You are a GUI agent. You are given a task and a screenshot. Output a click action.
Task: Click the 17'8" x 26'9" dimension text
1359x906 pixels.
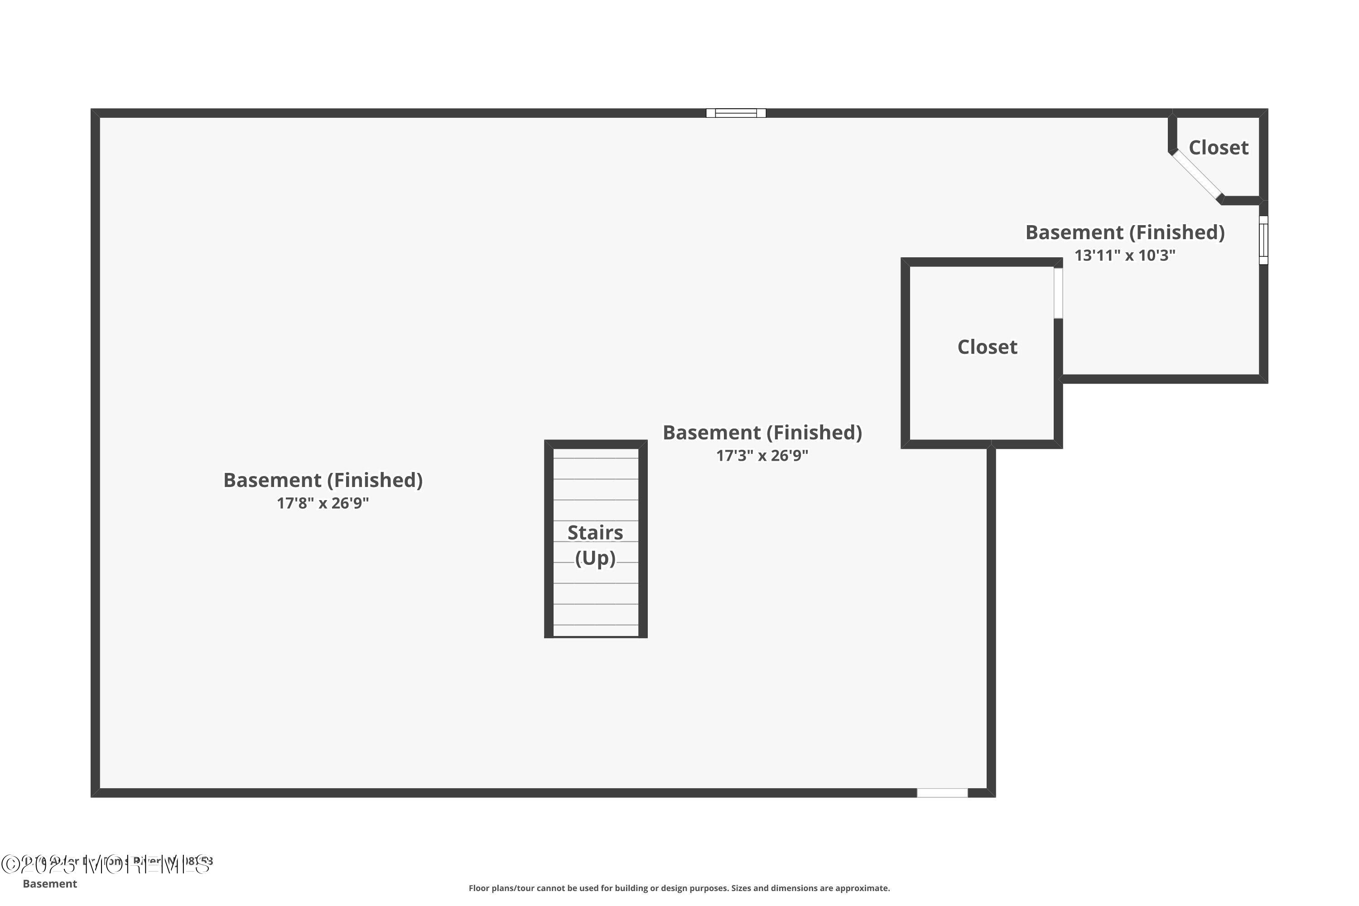(323, 503)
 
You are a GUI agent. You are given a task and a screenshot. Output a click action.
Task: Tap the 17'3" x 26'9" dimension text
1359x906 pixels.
(761, 456)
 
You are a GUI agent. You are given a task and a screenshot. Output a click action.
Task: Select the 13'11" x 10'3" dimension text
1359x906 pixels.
(1124, 255)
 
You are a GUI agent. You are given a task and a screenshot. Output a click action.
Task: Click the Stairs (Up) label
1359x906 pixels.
(595, 545)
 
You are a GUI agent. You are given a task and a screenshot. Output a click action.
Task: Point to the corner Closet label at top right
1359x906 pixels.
(1218, 148)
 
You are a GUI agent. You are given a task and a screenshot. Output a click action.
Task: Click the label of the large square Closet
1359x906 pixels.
(987, 347)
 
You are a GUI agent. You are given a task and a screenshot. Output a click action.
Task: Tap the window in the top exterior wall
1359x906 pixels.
(736, 113)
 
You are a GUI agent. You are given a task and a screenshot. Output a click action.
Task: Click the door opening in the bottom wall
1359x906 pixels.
(942, 793)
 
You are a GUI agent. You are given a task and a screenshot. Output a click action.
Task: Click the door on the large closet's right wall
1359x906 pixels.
(1058, 293)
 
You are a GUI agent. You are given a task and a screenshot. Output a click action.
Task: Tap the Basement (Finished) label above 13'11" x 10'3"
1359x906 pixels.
(1124, 232)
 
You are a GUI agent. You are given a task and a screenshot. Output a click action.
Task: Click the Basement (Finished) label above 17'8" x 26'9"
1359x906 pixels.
(323, 480)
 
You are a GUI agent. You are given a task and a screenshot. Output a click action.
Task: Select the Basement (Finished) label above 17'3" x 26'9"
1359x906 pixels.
(761, 433)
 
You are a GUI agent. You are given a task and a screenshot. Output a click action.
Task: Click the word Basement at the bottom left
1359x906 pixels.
(50, 883)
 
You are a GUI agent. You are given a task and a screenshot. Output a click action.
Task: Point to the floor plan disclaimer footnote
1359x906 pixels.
(679, 888)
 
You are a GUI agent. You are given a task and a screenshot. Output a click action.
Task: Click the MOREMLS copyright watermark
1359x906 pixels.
(107, 864)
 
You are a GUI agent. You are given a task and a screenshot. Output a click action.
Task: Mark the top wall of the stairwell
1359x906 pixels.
(595, 444)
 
